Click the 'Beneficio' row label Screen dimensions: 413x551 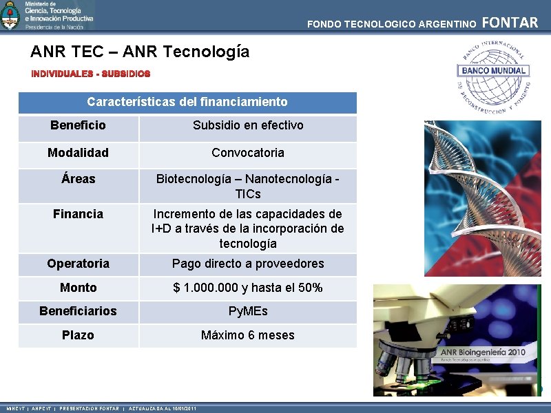click(x=78, y=125)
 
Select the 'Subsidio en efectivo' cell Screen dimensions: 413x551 click(x=248, y=125)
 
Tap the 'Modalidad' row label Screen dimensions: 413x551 click(x=78, y=153)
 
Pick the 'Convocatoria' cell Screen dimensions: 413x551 click(x=248, y=153)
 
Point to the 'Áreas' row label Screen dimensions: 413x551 click(x=78, y=179)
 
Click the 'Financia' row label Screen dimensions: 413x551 click(x=78, y=214)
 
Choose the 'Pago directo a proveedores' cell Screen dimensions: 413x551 click(x=248, y=264)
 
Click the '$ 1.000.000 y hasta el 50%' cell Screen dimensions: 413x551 click(x=248, y=288)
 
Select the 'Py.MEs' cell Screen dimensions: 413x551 click(x=248, y=311)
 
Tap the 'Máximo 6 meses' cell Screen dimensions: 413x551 click(x=248, y=335)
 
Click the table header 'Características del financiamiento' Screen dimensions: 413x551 click(x=187, y=102)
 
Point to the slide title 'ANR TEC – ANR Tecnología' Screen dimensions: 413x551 click(x=140, y=52)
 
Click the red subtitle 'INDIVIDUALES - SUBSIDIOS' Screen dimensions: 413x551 click(x=90, y=73)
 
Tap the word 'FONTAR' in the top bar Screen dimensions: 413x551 click(x=510, y=23)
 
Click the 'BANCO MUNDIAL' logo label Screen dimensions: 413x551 click(x=493, y=70)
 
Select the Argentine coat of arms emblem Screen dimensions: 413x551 click(x=10, y=15)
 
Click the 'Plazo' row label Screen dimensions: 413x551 click(x=78, y=335)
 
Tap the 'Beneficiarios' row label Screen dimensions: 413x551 click(x=78, y=311)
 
